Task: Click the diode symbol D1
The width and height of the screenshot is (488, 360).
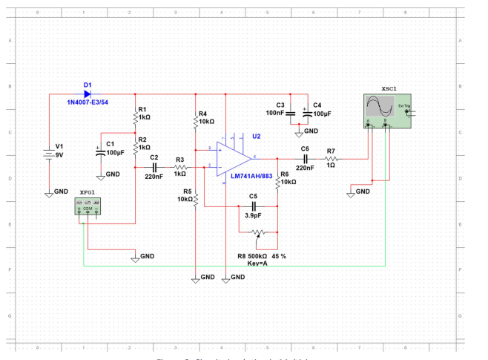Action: (x=87, y=94)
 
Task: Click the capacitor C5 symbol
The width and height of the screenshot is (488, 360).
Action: (x=253, y=206)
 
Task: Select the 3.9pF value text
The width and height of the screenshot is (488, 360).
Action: (x=254, y=215)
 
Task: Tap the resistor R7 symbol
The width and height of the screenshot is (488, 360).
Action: (x=332, y=158)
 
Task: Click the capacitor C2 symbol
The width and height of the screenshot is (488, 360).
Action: (x=154, y=167)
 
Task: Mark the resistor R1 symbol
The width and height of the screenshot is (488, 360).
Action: (x=135, y=117)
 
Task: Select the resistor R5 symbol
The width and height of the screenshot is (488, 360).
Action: (x=195, y=198)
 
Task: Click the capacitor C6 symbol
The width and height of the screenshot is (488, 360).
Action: (x=304, y=158)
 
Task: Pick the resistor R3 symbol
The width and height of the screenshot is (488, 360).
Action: (x=179, y=167)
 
